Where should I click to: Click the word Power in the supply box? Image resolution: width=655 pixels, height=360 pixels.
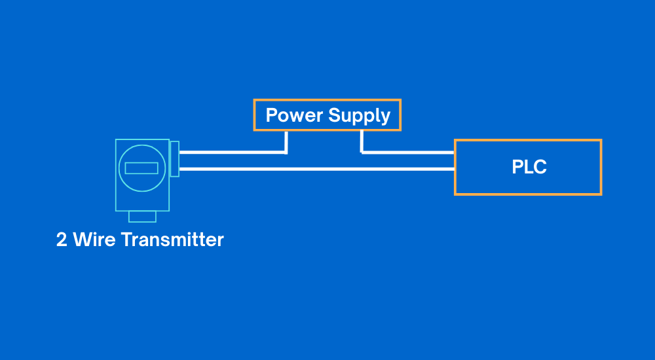point(294,116)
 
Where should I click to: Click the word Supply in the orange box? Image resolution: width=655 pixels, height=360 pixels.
point(360,117)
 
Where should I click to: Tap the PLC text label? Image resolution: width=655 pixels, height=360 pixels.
point(529,167)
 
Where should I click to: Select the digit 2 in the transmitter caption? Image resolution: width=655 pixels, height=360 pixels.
point(62,240)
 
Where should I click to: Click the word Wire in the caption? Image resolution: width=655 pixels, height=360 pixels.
point(94,240)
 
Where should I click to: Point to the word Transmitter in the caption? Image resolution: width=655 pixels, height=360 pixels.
point(172,240)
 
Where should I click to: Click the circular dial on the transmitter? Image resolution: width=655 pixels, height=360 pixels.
point(141,168)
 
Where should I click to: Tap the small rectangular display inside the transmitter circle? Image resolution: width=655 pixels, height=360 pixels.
point(141,168)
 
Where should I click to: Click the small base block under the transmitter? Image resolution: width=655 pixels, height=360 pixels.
point(142,217)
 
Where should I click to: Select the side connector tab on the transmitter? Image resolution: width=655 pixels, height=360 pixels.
point(174,158)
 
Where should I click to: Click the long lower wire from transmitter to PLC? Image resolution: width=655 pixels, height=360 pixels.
point(314,169)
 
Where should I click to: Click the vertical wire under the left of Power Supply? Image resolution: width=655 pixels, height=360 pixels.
point(286,141)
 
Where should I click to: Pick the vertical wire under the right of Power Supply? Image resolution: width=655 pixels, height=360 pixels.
point(362,141)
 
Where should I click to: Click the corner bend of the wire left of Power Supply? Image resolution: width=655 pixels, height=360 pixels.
point(286,153)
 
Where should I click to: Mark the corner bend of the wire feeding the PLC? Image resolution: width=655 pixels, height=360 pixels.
point(362,153)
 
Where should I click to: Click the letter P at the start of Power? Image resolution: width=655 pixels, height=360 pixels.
point(271,116)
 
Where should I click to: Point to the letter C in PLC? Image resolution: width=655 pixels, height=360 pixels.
point(539,167)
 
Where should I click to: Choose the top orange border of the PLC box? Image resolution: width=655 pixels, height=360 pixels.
point(528,140)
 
